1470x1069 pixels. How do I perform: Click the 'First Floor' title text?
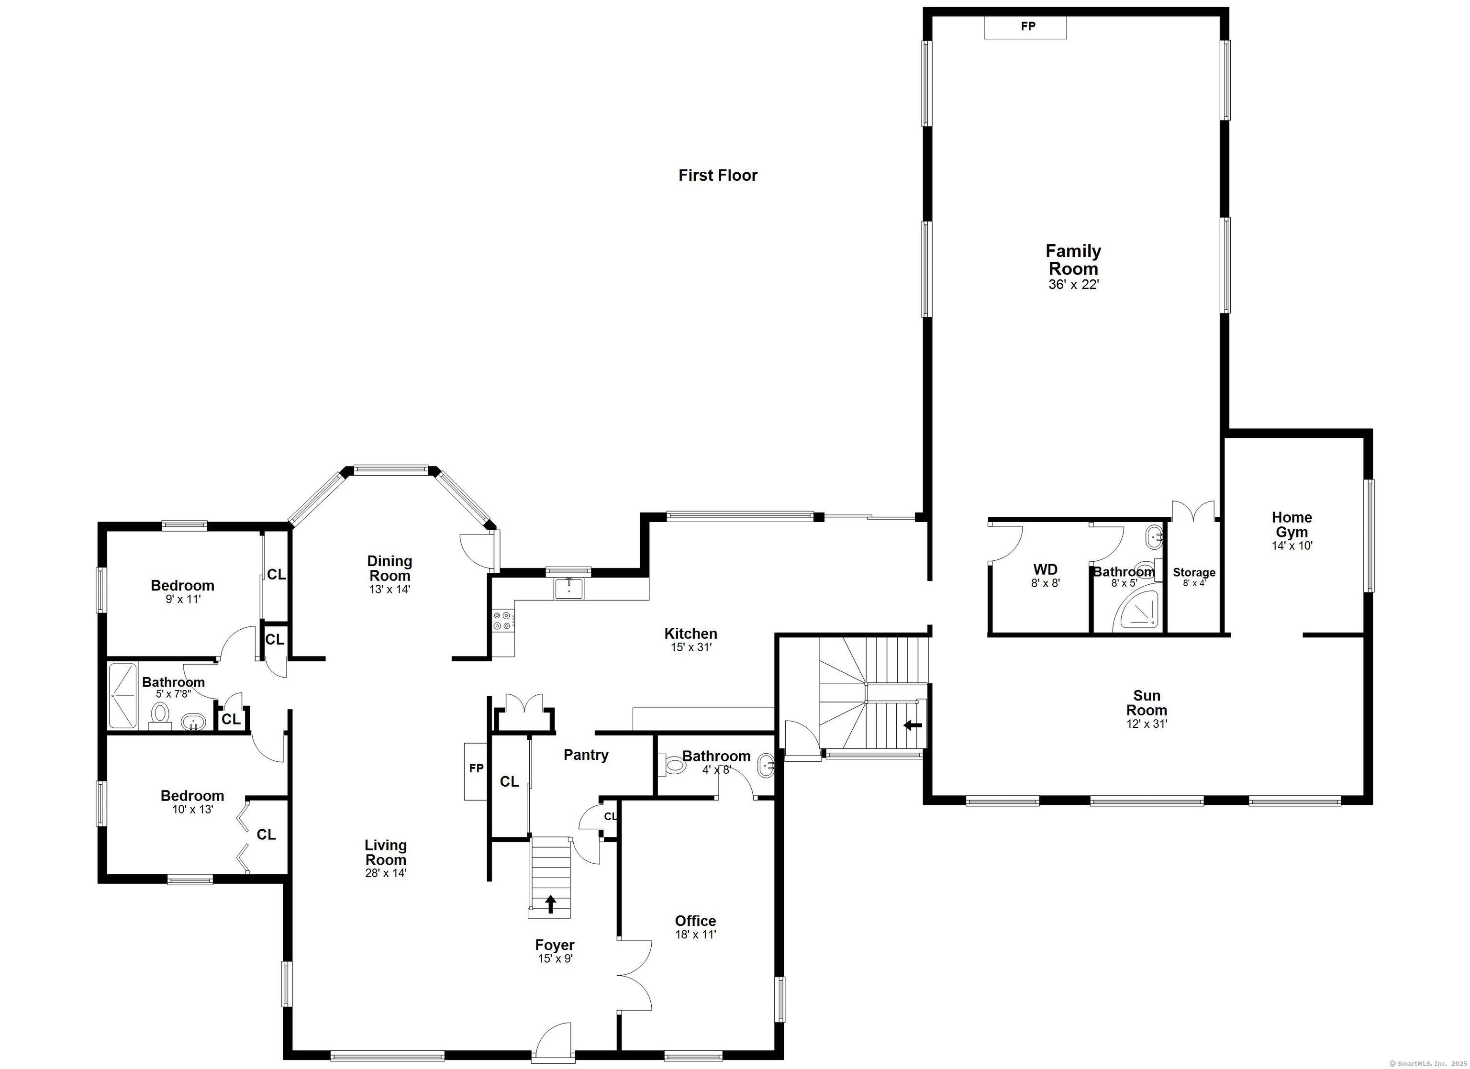[717, 175]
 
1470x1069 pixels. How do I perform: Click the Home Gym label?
[1292, 524]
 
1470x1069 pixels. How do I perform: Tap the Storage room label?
[1194, 572]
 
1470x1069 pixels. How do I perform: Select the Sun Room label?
[1147, 703]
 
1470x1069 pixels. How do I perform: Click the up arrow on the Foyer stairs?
[551, 904]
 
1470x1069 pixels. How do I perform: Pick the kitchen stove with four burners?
[502, 621]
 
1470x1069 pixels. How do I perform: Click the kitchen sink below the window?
[568, 589]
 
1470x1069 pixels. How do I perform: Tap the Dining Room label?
[389, 568]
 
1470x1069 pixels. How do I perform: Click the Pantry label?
[586, 755]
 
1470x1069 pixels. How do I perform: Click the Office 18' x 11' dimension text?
[695, 935]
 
